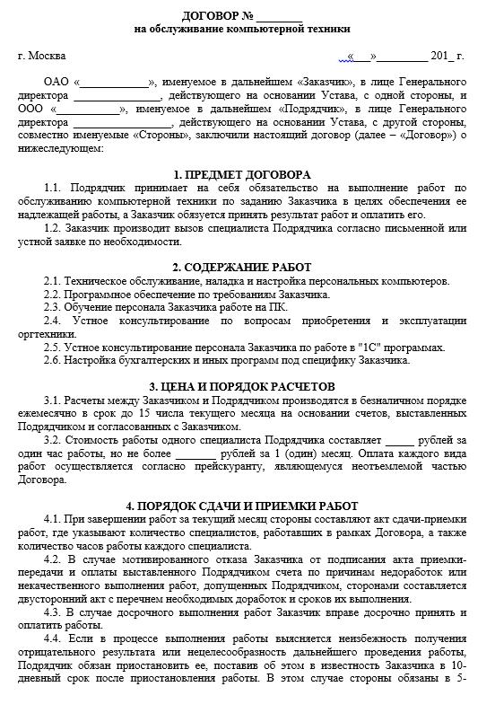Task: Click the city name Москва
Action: (x=47, y=56)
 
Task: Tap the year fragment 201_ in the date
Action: (x=441, y=56)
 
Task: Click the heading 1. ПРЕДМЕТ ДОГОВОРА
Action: (x=242, y=174)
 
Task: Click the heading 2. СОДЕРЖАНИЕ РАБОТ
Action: (x=242, y=268)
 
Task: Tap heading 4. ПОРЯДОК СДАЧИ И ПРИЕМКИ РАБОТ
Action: (x=242, y=506)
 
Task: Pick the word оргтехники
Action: (x=42, y=334)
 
